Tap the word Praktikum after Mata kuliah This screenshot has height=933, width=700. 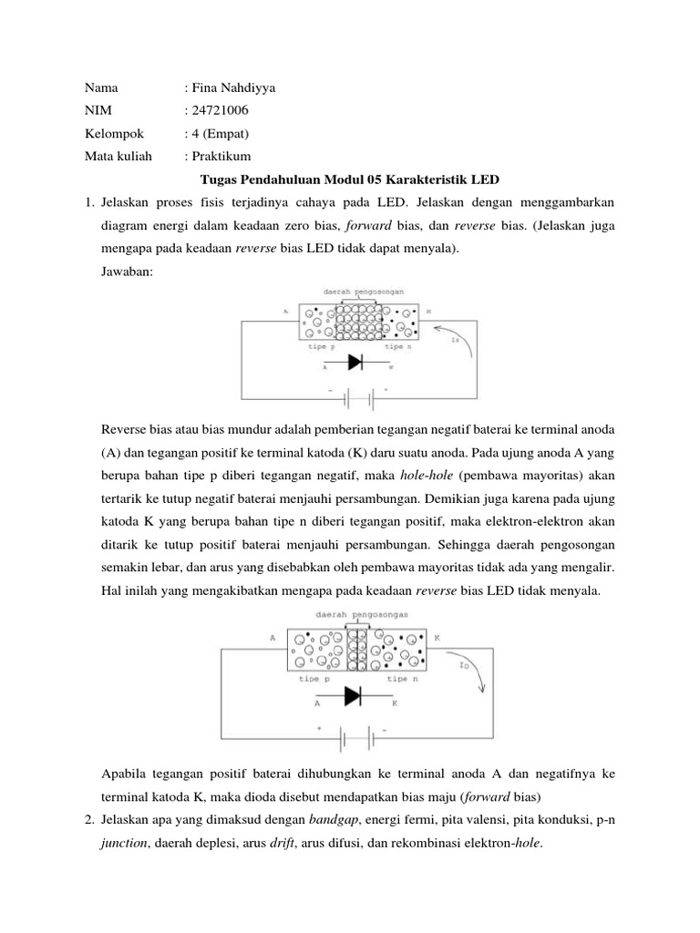220,157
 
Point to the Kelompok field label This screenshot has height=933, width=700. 114,134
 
